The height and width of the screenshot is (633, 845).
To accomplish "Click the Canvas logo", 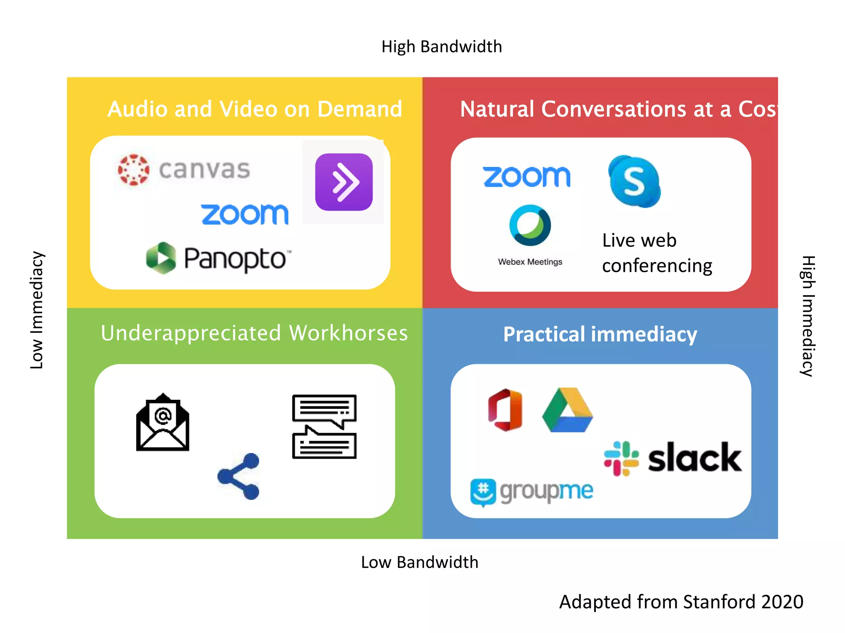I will tap(184, 170).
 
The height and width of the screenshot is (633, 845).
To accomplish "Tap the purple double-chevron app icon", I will tap(344, 182).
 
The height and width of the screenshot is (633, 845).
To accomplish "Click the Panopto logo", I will tap(219, 258).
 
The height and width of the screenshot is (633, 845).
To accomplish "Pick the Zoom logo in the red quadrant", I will tap(526, 177).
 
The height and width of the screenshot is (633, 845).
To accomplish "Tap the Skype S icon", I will tap(634, 181).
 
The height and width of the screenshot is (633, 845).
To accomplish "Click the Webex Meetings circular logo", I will tap(530, 225).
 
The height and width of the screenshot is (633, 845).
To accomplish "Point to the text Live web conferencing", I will tap(657, 253).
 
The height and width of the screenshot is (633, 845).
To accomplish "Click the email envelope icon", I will tap(163, 422).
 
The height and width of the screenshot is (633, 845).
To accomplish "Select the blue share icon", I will tap(239, 476).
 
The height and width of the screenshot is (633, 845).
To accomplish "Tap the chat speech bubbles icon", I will tap(324, 427).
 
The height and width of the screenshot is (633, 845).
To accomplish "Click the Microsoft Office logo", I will tap(505, 410).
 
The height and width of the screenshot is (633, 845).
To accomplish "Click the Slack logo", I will tap(673, 458).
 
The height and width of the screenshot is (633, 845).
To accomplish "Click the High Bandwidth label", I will tap(441, 47).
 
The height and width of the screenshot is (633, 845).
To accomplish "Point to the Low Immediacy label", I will tap(37, 310).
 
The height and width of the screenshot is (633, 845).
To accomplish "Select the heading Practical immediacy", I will tap(600, 334).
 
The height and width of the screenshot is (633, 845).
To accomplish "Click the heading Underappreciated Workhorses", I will tap(254, 333).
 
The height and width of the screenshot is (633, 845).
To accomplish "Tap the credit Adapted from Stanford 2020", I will tap(681, 602).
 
